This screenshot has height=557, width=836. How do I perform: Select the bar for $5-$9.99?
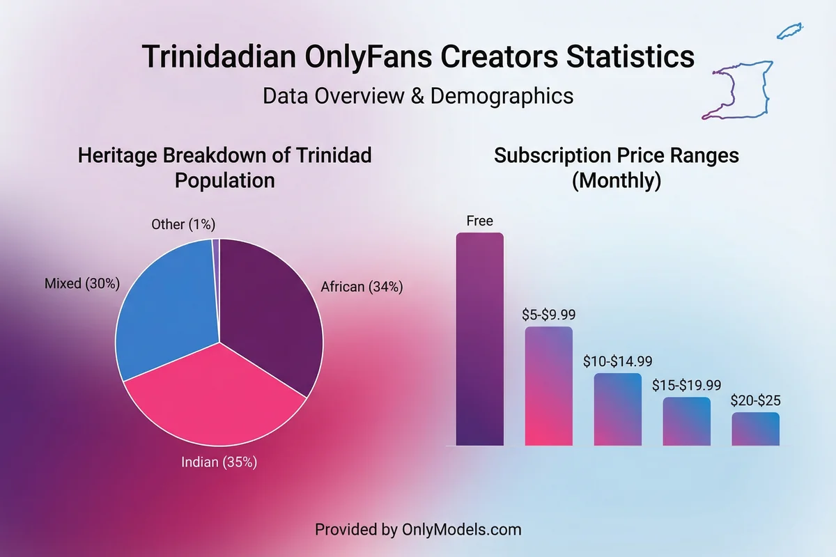pyautogui.click(x=548, y=386)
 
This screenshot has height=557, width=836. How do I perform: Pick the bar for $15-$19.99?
pyautogui.click(x=686, y=421)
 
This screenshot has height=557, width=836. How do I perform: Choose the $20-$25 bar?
pyautogui.click(x=755, y=429)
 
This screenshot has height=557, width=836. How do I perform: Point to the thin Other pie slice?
pyautogui.click(x=216, y=265)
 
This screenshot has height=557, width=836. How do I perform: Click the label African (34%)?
pyautogui.click(x=362, y=286)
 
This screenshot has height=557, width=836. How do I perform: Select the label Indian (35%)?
pyautogui.click(x=219, y=462)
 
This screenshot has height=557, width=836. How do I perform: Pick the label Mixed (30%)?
pyautogui.click(x=82, y=283)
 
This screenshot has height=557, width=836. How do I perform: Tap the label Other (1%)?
pyautogui.click(x=183, y=224)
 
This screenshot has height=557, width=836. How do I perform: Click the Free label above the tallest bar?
pyautogui.click(x=479, y=221)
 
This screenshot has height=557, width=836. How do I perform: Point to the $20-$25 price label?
pyautogui.click(x=755, y=401)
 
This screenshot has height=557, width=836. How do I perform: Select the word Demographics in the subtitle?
pyautogui.click(x=502, y=95)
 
